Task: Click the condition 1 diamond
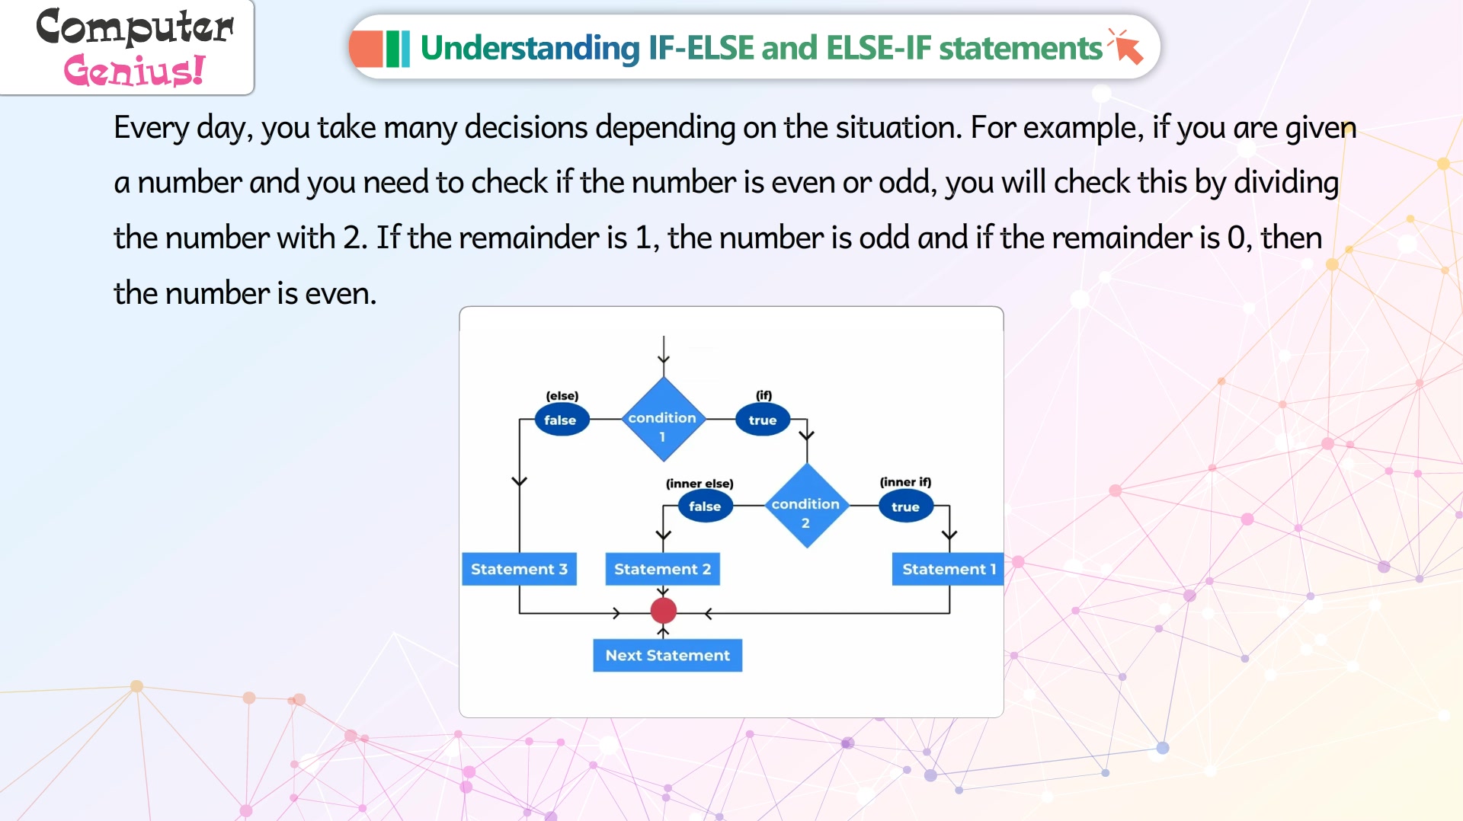(x=663, y=420)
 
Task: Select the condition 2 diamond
(x=806, y=506)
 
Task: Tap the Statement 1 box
(x=948, y=569)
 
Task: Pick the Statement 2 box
(x=662, y=569)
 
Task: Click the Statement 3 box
(x=519, y=569)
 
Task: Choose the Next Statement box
(x=667, y=655)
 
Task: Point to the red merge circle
(x=664, y=611)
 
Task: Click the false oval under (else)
(x=562, y=420)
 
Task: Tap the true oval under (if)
(x=763, y=420)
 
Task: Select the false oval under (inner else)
(x=706, y=506)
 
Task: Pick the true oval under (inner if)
(x=906, y=506)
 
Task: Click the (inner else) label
(x=699, y=484)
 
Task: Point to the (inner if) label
(x=905, y=482)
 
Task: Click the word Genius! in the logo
(x=134, y=71)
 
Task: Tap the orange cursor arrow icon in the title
(x=1126, y=47)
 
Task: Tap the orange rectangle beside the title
(x=366, y=49)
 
